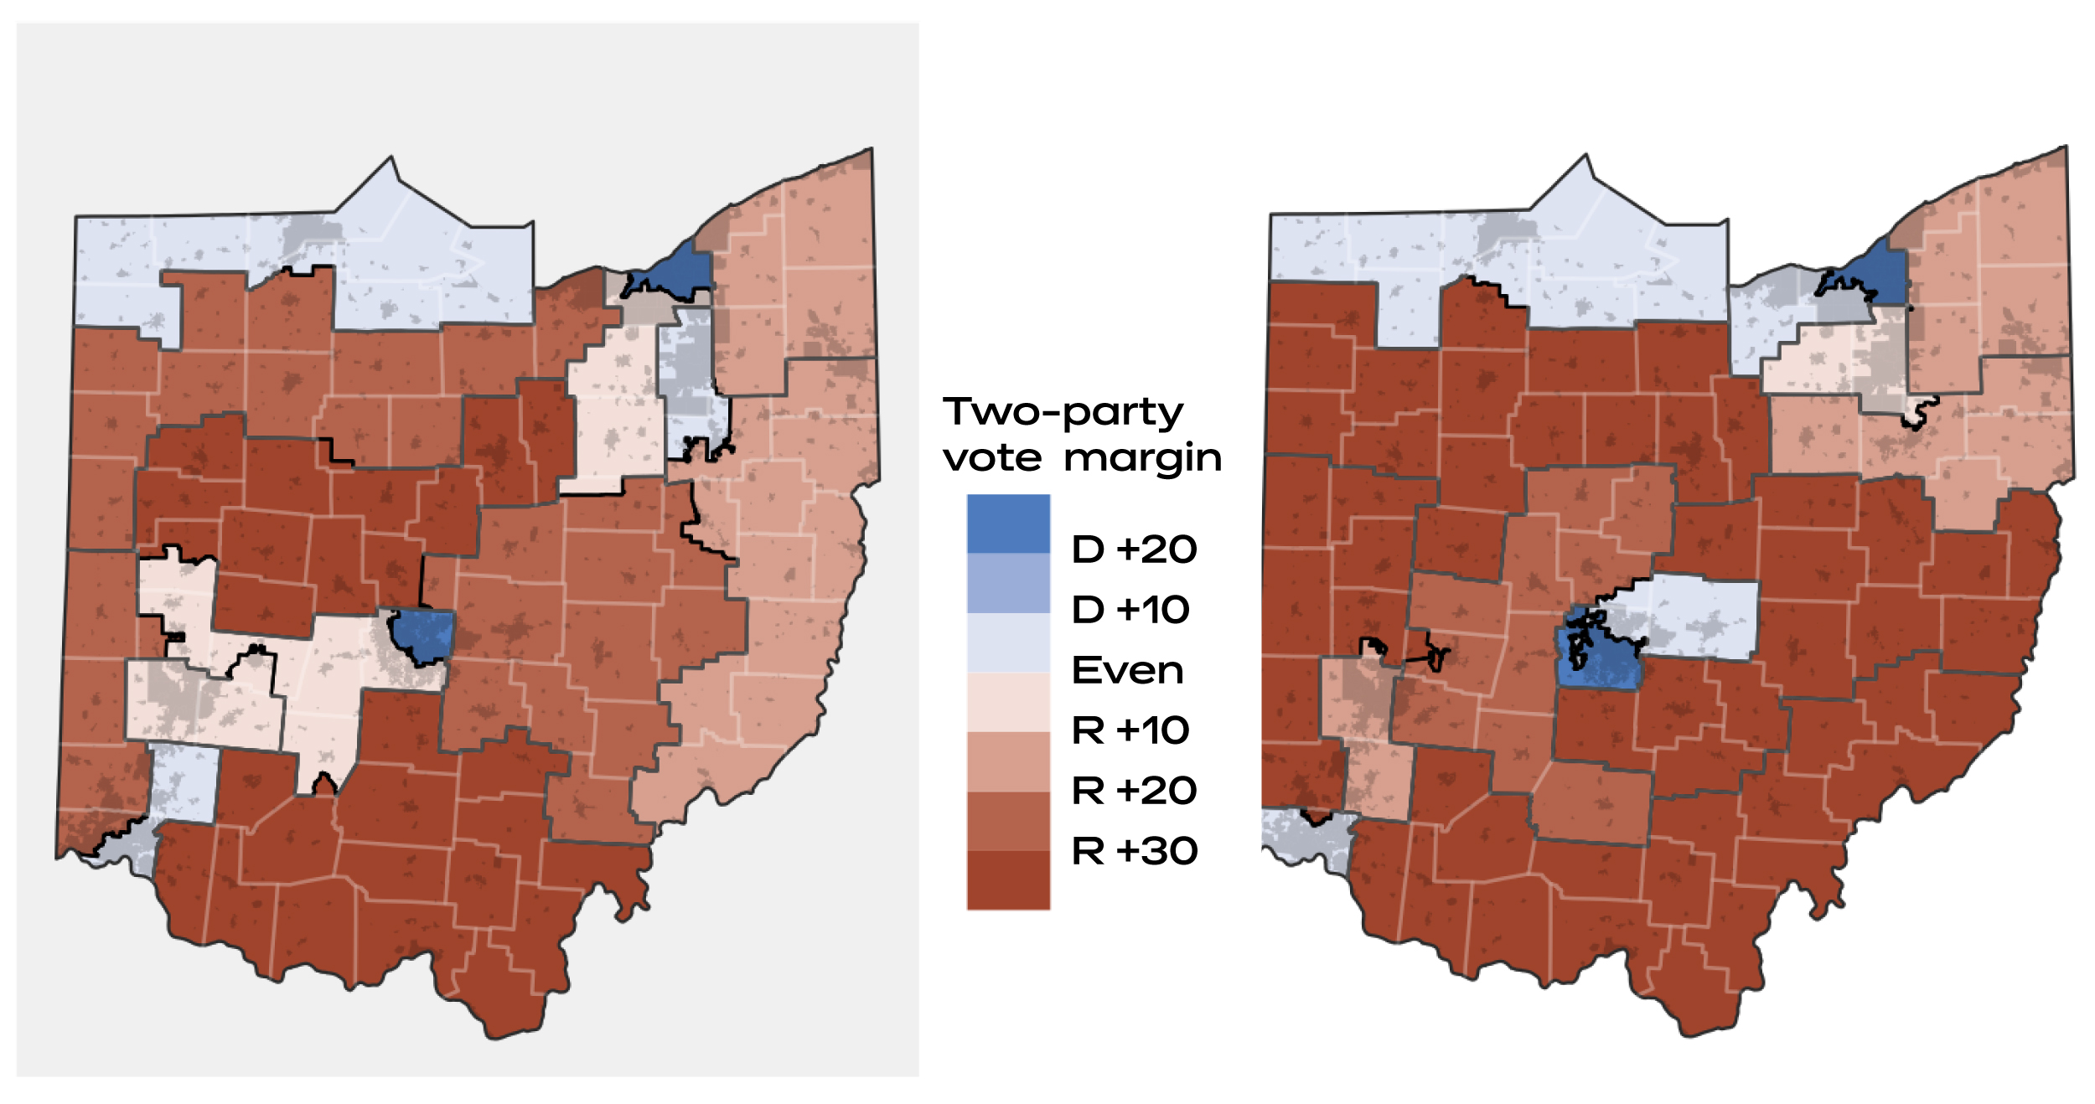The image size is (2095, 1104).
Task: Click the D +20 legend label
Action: coord(1134,549)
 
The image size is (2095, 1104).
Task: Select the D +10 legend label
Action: coord(1130,610)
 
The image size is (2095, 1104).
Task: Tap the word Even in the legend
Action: coord(1127,670)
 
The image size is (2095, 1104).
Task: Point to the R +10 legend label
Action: coord(1130,730)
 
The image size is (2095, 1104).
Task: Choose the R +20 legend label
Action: coord(1134,791)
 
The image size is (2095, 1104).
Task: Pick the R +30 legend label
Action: coord(1134,851)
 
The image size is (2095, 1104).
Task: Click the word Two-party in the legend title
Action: coord(1063,412)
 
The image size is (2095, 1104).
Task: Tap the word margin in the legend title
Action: coord(1142,458)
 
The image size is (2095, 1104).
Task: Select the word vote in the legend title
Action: coord(991,458)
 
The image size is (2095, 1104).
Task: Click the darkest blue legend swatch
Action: coord(1008,524)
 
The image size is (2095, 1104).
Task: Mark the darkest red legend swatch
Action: coord(1008,880)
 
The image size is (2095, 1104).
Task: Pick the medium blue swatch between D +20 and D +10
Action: coord(1008,583)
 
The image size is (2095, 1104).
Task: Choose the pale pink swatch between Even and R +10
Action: coord(1008,702)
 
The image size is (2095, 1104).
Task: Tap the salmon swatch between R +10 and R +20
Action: coord(1008,761)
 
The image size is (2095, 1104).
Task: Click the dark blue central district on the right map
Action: coord(1602,662)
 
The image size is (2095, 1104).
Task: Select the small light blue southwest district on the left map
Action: coord(184,783)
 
